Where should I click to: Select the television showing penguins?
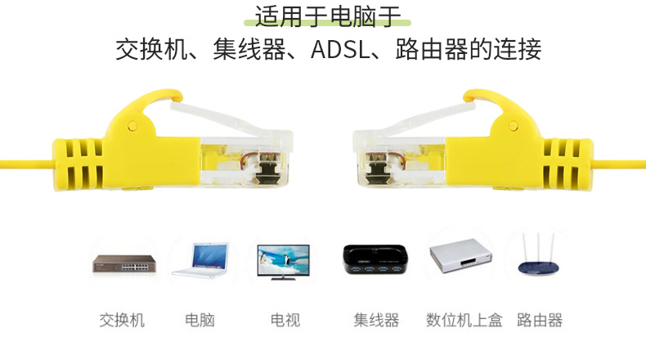pyautogui.click(x=284, y=262)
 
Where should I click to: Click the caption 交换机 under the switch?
pyautogui.click(x=122, y=319)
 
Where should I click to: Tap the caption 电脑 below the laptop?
pyautogui.click(x=200, y=319)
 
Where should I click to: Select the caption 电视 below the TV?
pyautogui.click(x=285, y=319)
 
